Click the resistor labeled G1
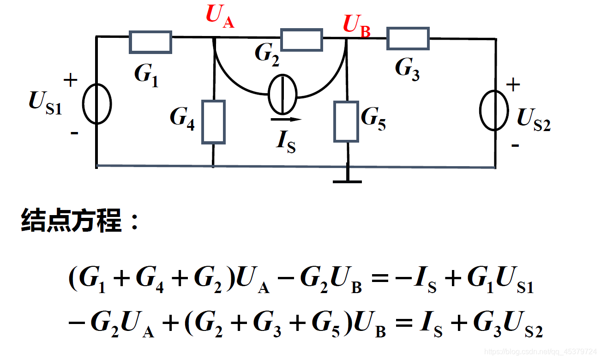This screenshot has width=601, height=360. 150,42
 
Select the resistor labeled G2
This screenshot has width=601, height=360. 301,39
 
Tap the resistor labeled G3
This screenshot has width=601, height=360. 408,38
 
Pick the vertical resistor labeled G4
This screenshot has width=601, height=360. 213,122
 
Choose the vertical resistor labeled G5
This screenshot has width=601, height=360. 346,121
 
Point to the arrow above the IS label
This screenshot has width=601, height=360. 286,119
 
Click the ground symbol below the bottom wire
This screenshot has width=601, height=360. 348,180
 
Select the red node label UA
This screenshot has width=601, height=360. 220,17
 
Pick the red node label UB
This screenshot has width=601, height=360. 356,25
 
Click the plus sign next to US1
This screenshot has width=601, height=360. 71,81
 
